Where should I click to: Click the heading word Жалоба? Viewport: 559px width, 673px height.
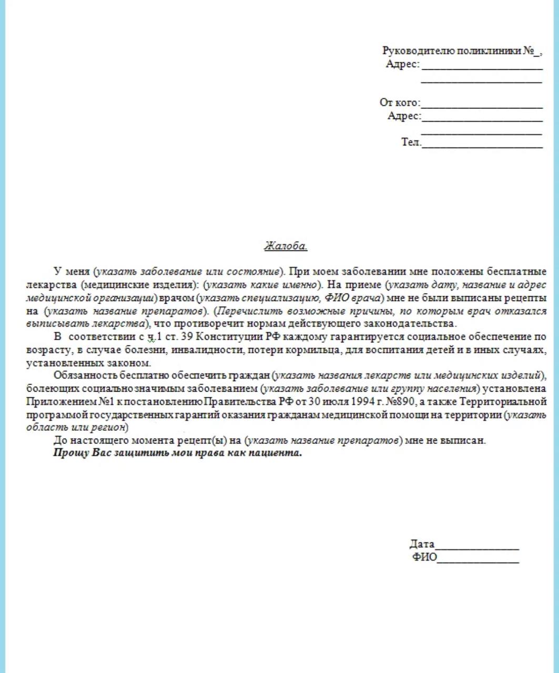point(286,246)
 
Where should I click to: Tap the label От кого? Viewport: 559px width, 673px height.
point(400,103)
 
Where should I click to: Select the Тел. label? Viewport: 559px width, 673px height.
point(411,142)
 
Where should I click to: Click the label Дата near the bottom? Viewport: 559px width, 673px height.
point(422,544)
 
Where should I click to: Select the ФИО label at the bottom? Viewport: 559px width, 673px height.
point(424,557)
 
